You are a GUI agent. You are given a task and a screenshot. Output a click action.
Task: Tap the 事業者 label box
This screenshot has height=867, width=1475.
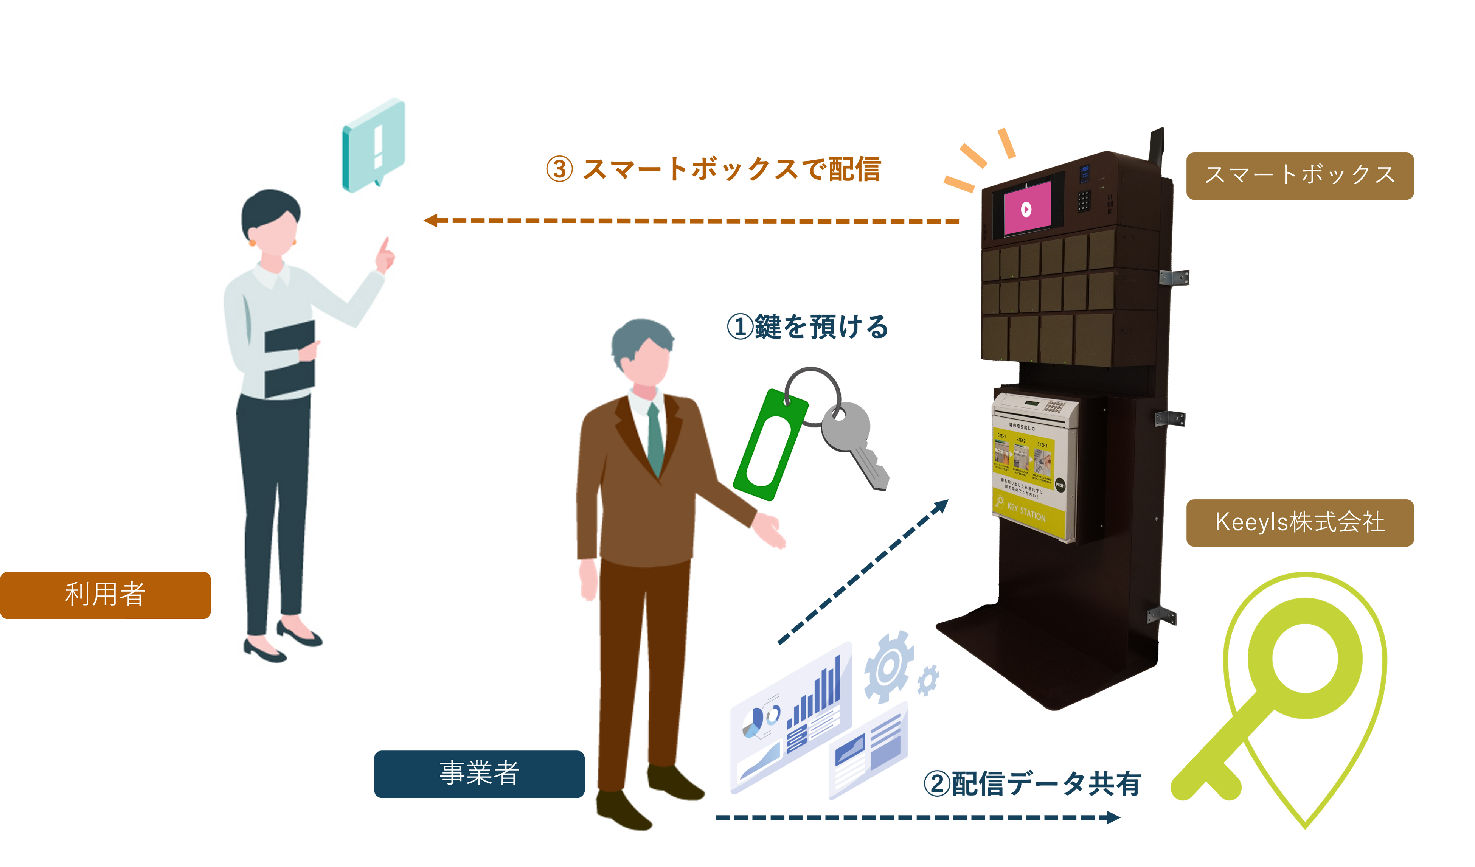pos(479,774)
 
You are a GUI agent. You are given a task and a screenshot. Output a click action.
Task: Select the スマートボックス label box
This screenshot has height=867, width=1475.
pos(1300,176)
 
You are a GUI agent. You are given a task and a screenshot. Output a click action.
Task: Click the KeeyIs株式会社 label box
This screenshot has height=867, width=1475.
pos(1300,523)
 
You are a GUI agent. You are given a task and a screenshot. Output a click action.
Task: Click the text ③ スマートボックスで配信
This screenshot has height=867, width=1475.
pos(713,170)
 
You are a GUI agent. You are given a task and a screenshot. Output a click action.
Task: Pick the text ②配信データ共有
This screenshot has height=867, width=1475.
pos(1032,785)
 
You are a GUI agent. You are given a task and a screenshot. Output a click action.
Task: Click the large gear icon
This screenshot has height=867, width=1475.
pos(888,666)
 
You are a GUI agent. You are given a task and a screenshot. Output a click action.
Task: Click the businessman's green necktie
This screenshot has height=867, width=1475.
pos(655,439)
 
